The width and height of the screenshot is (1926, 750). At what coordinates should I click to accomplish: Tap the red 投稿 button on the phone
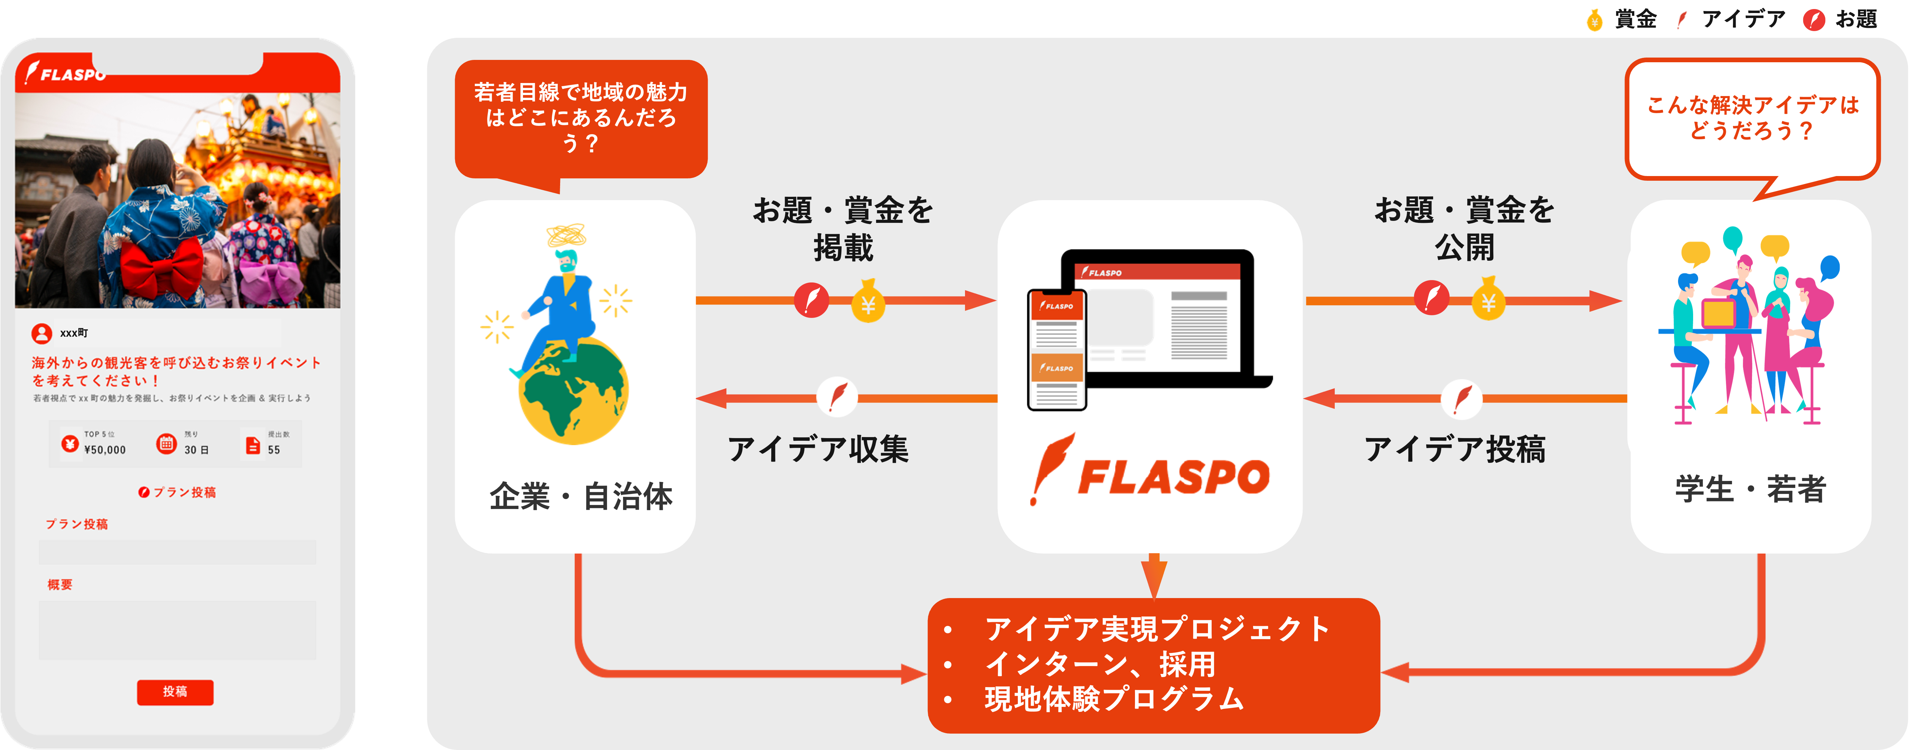point(175,692)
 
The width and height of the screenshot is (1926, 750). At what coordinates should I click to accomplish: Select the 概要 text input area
point(177,630)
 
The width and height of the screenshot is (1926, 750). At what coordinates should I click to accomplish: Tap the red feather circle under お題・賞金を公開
point(1431,298)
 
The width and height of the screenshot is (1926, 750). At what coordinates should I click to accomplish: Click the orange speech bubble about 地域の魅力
point(581,118)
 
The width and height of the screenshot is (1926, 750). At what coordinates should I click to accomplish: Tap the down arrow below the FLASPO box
point(1154,576)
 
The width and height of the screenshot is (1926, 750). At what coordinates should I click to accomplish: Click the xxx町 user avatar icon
point(42,333)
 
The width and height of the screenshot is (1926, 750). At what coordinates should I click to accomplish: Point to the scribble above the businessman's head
point(566,235)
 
